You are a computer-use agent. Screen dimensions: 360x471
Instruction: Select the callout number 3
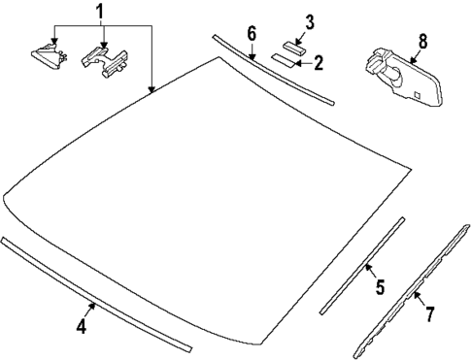(x=310, y=21)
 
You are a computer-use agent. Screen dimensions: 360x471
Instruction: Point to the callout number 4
(x=82, y=328)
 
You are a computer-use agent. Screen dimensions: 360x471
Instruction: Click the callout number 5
(x=380, y=287)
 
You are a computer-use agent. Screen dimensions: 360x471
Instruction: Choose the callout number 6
(x=251, y=34)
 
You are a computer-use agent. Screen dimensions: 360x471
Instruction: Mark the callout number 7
(x=430, y=312)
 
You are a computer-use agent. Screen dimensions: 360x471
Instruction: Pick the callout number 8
(x=422, y=42)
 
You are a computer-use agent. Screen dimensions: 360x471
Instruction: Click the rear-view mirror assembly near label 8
(x=398, y=74)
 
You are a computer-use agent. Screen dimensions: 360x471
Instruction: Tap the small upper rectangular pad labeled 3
(x=294, y=45)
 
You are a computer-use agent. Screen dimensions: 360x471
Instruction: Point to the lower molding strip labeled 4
(x=97, y=296)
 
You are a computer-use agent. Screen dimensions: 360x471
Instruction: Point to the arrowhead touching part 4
(x=93, y=305)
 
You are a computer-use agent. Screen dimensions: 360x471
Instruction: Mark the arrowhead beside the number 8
(x=414, y=62)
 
